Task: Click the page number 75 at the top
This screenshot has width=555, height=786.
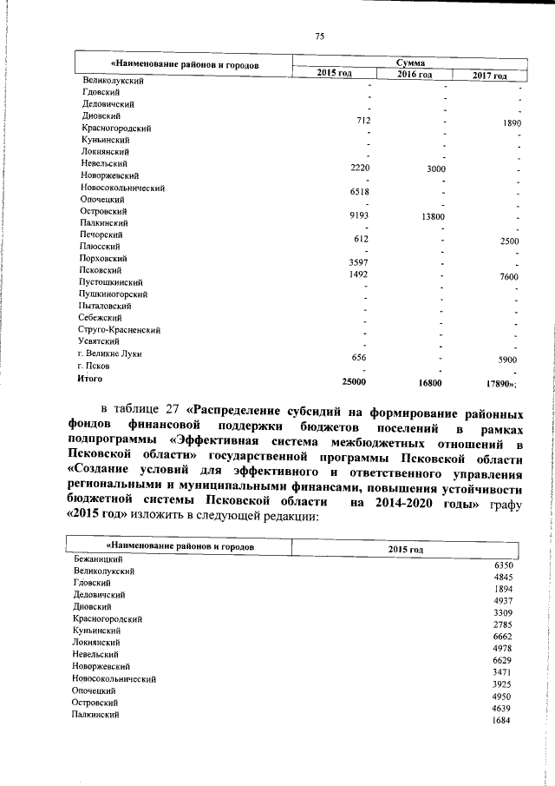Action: pyautogui.click(x=319, y=36)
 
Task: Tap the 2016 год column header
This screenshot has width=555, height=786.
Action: pyautogui.click(x=415, y=76)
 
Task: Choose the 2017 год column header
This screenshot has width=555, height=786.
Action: pyautogui.click(x=490, y=76)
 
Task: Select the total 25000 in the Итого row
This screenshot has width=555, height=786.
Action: pyautogui.click(x=355, y=381)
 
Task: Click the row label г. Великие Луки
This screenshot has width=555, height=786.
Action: pyautogui.click(x=109, y=354)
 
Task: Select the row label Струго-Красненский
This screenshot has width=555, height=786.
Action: pyautogui.click(x=119, y=330)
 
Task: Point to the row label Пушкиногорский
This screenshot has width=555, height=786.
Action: pyautogui.click(x=113, y=294)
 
